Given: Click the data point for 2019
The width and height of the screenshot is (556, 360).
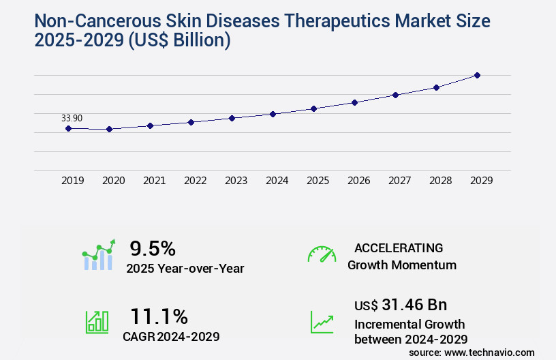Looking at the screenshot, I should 68,128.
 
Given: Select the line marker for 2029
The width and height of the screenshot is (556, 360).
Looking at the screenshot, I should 477,75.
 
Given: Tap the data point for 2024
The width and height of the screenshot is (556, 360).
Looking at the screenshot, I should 273,114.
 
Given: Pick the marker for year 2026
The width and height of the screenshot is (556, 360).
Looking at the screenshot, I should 354,102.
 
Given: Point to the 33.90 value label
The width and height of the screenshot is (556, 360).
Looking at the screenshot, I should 72,118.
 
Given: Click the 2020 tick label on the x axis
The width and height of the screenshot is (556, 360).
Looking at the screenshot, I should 113,181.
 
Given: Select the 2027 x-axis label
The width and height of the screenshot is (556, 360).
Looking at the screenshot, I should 399,181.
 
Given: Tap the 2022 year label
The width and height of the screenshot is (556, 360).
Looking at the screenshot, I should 195,181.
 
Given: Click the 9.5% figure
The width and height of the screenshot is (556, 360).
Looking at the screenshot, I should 153,248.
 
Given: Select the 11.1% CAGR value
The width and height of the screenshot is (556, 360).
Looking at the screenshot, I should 159,316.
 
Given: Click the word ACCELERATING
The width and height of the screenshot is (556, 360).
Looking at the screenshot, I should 399,247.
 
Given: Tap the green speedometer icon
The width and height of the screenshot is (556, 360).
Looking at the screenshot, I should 322,254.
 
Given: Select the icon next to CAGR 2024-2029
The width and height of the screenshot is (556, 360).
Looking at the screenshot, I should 97,321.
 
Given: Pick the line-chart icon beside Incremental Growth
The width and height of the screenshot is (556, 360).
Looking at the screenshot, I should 322,322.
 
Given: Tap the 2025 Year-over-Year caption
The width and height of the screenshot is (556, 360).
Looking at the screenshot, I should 185,269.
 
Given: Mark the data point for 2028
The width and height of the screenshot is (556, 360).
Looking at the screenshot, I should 436,87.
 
